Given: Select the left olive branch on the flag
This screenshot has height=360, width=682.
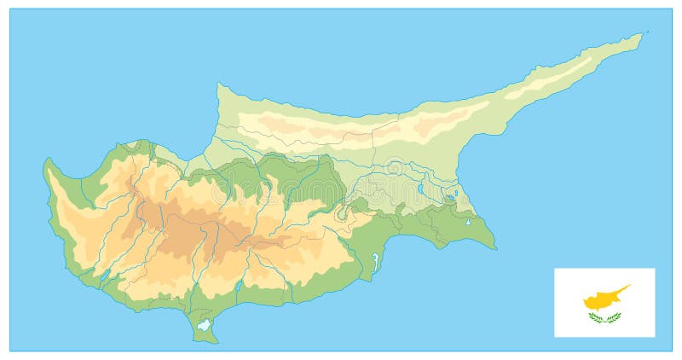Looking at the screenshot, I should (x=596, y=318).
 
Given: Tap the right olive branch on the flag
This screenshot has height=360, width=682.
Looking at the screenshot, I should (x=613, y=318).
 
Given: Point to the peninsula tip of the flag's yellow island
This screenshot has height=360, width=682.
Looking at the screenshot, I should (x=628, y=287).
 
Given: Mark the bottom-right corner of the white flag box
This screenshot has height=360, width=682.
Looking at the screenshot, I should (x=655, y=336).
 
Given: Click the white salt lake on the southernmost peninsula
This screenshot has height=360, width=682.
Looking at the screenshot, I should (x=203, y=324).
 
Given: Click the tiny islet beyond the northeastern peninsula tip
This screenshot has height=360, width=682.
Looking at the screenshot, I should (x=647, y=32).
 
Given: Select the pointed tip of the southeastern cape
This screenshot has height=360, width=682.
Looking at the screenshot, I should (x=495, y=248).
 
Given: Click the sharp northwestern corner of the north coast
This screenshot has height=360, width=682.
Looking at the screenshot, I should (x=218, y=84).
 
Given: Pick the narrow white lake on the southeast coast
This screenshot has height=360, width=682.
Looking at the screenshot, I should (x=374, y=257).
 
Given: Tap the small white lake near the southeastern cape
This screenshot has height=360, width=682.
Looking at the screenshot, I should (x=468, y=223).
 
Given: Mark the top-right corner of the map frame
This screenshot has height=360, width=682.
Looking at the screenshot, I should (x=672, y=9).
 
